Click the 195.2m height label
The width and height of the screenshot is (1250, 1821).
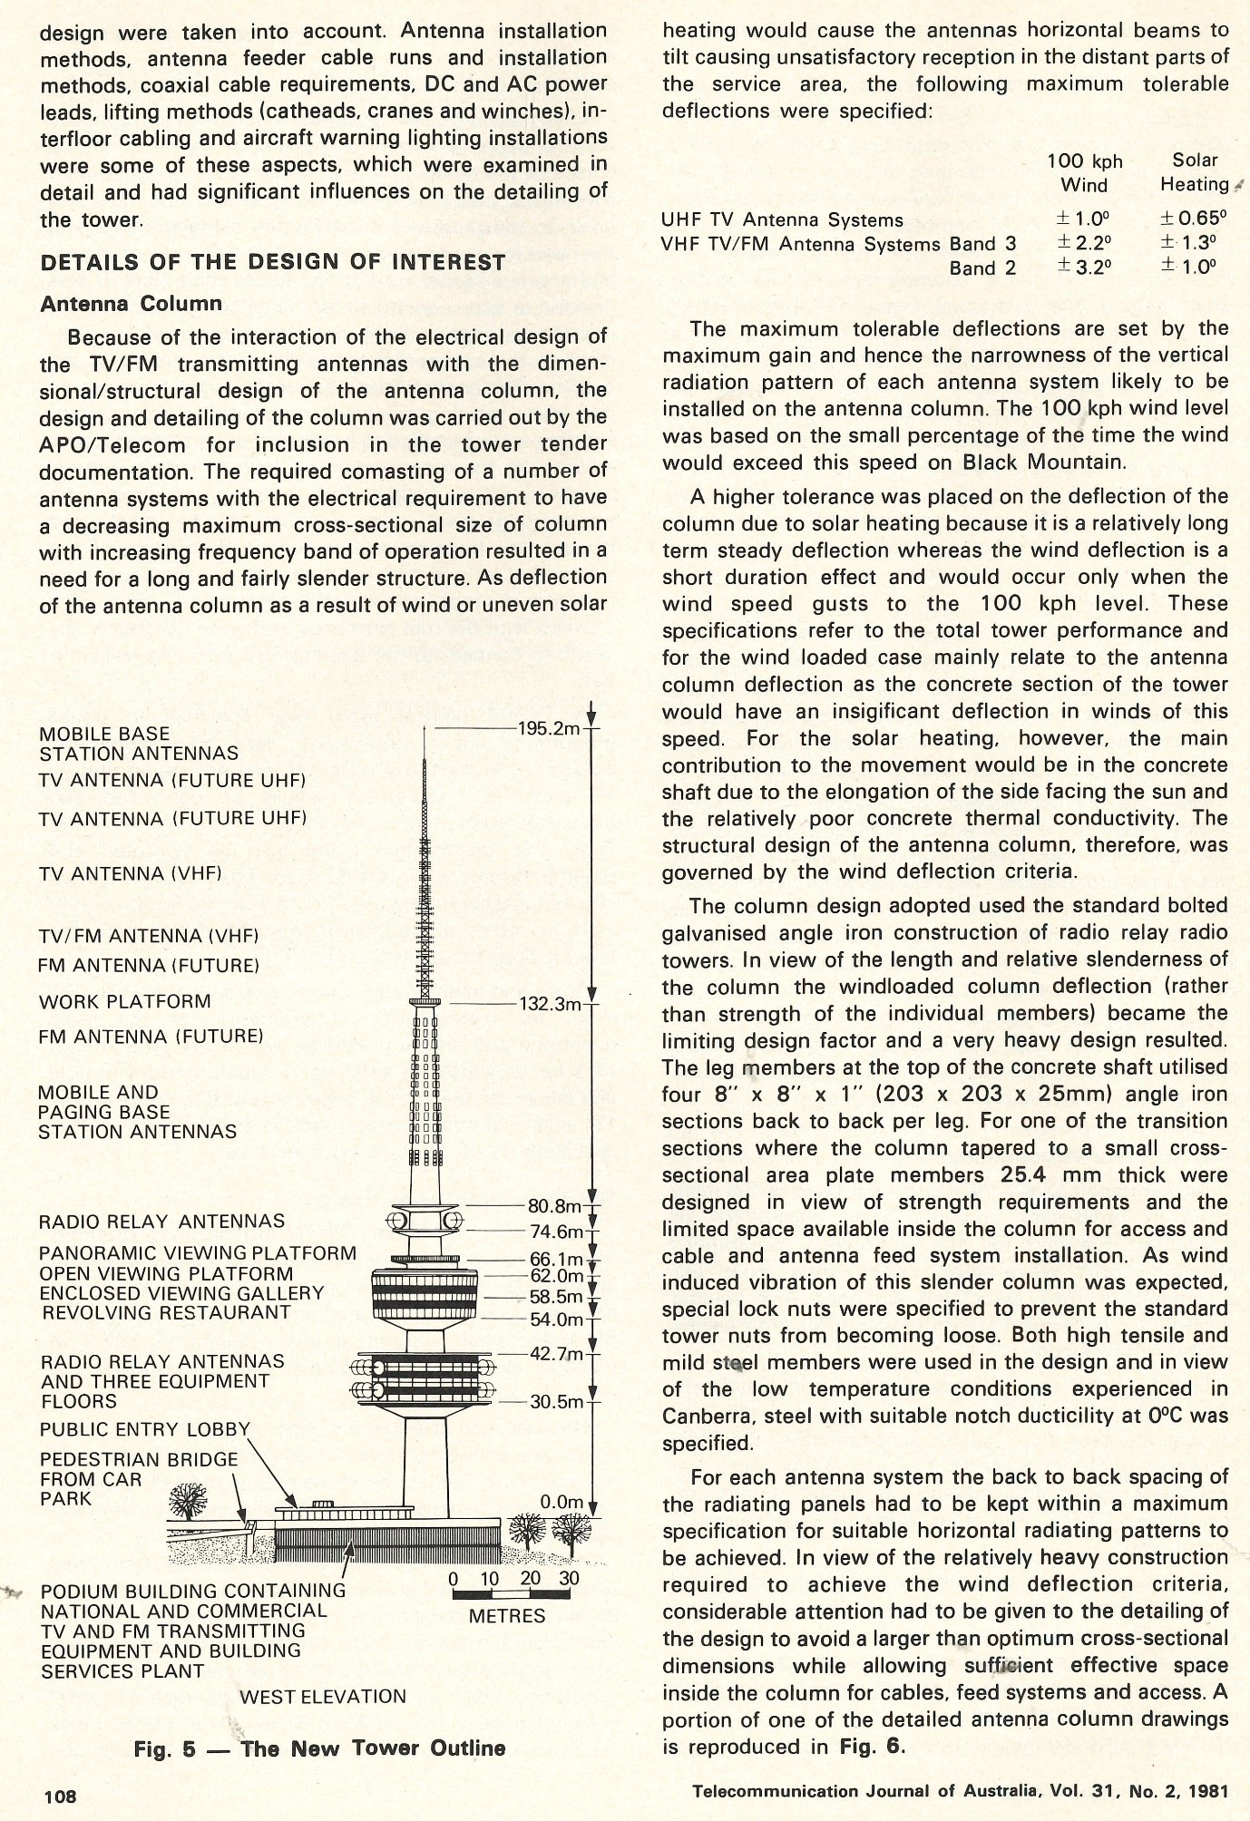(548, 729)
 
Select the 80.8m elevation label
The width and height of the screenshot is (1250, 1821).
(553, 1206)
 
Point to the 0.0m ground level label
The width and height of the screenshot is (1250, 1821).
(562, 1502)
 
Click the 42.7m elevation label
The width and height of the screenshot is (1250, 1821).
(556, 1354)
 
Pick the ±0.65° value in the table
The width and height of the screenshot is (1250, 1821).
(1194, 219)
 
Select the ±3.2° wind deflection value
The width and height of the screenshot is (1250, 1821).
(1084, 268)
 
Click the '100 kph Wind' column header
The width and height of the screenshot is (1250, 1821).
(1085, 172)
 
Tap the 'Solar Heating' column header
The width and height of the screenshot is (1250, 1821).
(1195, 172)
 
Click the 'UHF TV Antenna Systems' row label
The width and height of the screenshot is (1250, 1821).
(782, 219)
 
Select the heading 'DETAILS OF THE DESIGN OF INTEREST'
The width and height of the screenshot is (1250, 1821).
(273, 263)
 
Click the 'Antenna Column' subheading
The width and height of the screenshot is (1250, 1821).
(131, 304)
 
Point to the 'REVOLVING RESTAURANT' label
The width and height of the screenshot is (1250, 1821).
(166, 1313)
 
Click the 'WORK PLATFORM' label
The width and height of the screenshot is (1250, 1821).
(124, 1002)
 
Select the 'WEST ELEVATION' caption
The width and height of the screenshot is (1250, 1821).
(322, 1697)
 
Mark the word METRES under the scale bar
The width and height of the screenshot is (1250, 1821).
(507, 1616)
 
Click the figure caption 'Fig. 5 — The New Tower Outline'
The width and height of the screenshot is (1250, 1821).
(319, 1748)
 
